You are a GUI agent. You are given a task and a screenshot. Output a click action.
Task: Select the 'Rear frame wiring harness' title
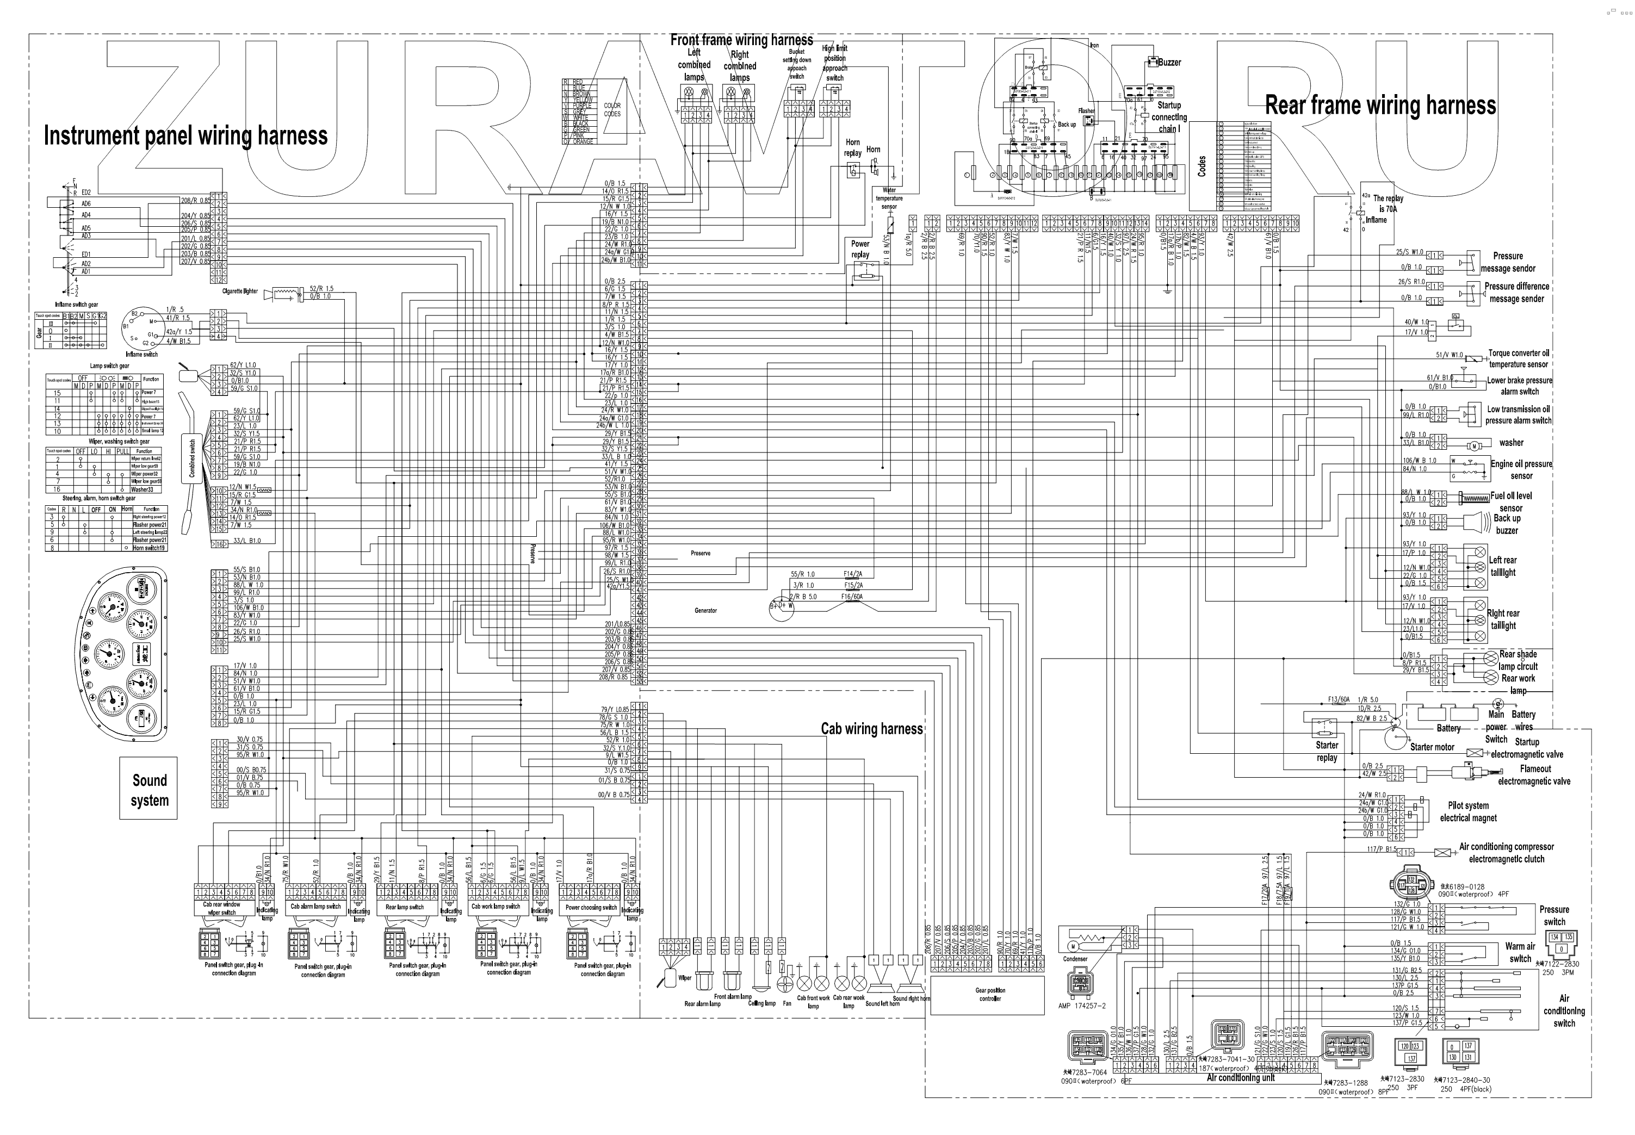[1380, 106]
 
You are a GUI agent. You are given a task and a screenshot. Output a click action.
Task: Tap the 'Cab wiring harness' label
[871, 728]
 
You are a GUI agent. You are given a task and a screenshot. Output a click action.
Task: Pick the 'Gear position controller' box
[989, 994]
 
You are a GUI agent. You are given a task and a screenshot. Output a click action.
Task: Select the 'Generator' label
[705, 610]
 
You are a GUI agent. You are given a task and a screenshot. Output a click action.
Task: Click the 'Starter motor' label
[1432, 747]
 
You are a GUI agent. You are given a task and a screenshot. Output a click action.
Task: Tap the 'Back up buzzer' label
[1506, 524]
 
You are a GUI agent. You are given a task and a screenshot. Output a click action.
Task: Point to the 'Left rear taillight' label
[1503, 566]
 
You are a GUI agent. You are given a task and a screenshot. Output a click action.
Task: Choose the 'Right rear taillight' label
[1503, 619]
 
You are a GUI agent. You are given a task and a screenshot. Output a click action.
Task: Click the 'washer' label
[1511, 442]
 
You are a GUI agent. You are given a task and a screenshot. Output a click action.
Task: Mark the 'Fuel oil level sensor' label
[1510, 501]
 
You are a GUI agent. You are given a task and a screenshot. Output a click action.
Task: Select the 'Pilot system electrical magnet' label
[1468, 811]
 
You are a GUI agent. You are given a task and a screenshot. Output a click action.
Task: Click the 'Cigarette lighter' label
[240, 291]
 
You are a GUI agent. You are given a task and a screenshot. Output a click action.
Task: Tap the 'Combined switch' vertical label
[192, 457]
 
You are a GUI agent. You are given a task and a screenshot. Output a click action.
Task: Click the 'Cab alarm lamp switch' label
[315, 907]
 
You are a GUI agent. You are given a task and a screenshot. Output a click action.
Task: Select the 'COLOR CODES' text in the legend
[611, 109]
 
